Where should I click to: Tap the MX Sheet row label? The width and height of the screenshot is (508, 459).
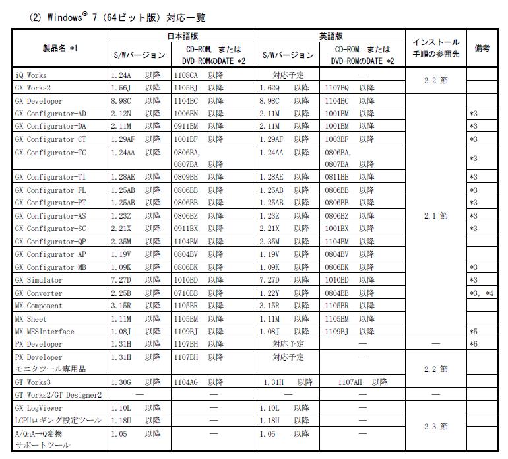[31, 318]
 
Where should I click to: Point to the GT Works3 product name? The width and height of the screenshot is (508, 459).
[33, 382]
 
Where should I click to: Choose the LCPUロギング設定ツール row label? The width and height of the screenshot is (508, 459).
[49, 420]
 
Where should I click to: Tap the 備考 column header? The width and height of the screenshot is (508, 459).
[482, 48]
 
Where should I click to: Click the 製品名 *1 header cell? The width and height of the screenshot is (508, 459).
[59, 48]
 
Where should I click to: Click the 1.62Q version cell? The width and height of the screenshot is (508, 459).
[274, 88]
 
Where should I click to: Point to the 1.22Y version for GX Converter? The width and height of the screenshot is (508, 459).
[273, 293]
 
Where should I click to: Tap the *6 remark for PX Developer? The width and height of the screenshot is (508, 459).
[473, 344]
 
